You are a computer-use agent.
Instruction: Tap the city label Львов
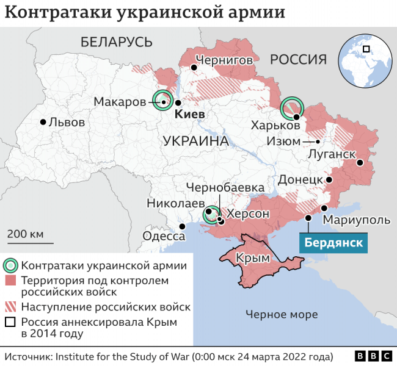[x=67, y=121]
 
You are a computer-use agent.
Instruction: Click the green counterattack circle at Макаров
[x=163, y=99]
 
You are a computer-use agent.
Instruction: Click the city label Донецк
[x=300, y=180]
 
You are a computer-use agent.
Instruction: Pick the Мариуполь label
[x=355, y=220]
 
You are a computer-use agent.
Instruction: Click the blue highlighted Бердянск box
[x=333, y=242]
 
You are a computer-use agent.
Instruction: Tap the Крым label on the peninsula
[x=252, y=258]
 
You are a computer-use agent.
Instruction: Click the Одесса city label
[x=164, y=237]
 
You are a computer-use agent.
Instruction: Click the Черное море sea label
[x=282, y=314]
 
